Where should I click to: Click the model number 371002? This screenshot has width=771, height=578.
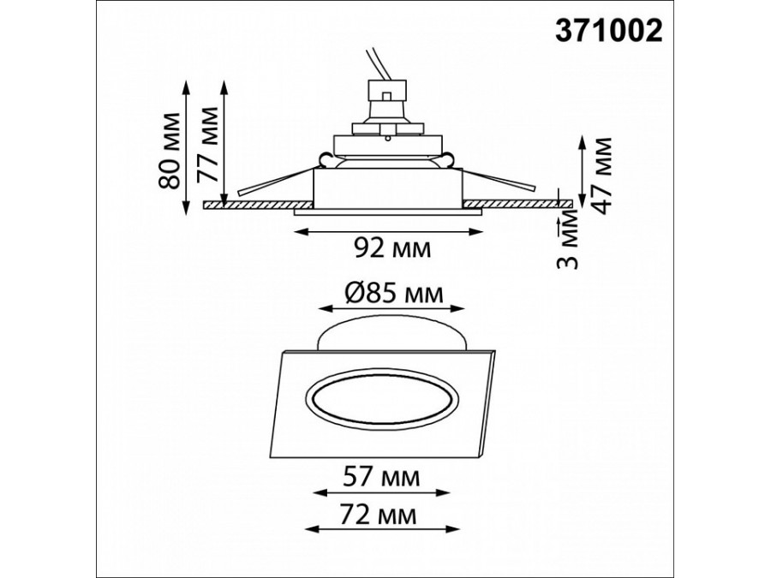(609, 32)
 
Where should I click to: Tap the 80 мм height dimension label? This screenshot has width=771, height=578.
(169, 151)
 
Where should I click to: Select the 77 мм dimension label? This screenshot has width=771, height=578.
(207, 145)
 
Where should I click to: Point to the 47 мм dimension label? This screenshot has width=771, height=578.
(601, 175)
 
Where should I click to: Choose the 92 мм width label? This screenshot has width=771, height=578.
(391, 248)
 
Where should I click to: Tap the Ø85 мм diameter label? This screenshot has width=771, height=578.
(394, 294)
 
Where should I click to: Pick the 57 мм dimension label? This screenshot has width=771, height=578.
(381, 477)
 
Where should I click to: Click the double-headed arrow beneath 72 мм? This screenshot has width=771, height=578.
(382, 529)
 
